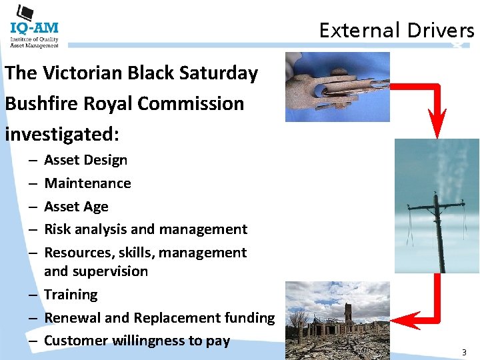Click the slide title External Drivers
396,30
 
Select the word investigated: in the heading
61,134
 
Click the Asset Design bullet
85,160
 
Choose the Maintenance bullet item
87,183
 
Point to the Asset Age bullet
76,207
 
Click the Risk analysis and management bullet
145,229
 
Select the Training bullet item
71,295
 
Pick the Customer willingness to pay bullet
137,341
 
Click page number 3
464,351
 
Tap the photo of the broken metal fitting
337,87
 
